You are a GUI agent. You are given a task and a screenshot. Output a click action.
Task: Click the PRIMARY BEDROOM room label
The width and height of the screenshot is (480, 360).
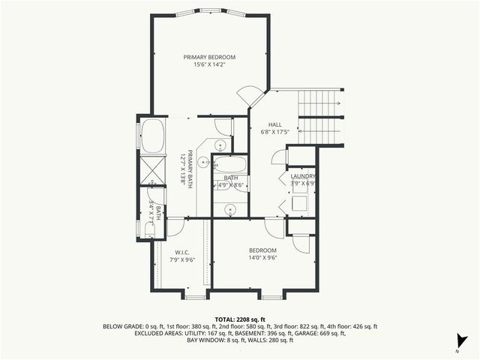(210, 57)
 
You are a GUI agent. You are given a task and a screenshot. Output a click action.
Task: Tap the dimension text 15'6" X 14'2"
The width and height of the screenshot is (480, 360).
(210, 65)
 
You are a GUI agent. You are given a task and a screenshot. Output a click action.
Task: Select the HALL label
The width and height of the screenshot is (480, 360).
(276, 124)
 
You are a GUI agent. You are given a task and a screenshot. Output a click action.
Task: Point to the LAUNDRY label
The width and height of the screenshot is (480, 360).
(302, 176)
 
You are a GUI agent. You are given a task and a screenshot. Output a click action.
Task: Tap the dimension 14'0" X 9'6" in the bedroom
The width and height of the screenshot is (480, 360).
(262, 258)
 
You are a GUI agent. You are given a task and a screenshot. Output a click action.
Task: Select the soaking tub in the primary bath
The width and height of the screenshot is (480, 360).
(152, 136)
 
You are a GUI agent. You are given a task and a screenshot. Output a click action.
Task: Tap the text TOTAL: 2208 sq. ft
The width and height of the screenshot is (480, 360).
(240, 319)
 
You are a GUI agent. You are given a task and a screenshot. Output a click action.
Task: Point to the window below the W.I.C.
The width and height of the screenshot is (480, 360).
(194, 297)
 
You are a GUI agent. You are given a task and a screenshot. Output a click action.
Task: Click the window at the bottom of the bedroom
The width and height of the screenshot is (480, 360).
(271, 297)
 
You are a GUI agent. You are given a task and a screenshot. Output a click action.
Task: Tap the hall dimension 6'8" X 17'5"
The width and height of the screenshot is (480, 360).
(276, 133)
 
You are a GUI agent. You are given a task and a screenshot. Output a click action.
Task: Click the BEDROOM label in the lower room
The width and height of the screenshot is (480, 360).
(262, 250)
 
